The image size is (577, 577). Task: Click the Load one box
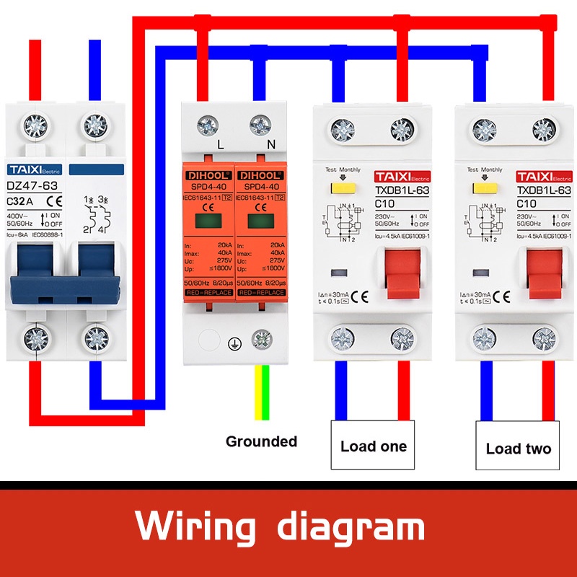click(x=373, y=446)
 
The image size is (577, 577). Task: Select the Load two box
click(x=518, y=448)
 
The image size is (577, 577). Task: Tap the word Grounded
click(x=261, y=441)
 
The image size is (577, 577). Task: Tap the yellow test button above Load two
click(x=480, y=190)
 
